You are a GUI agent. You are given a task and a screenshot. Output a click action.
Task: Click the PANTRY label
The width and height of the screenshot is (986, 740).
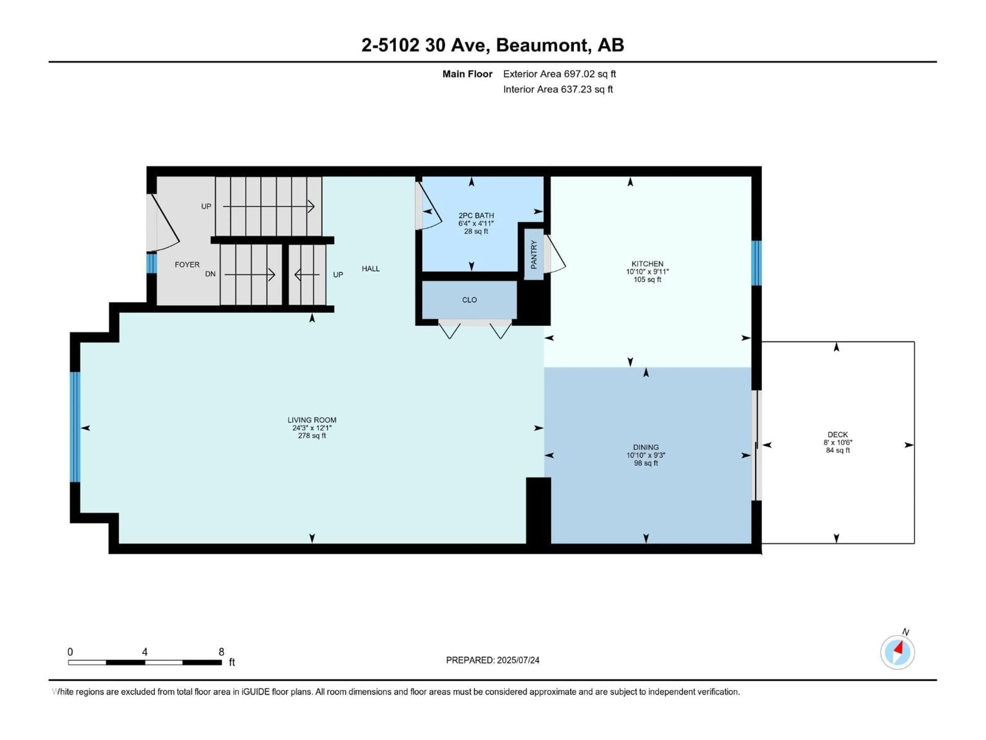coord(534,254)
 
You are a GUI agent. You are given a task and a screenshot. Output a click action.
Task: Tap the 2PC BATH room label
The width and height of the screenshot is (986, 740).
coord(476,215)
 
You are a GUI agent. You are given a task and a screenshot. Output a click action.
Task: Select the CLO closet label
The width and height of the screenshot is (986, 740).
coord(469,300)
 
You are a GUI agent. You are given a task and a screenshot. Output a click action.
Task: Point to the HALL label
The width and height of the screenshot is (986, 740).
coord(371,269)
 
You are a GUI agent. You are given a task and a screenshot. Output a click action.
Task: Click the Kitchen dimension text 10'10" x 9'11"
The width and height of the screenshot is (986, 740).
coord(647,272)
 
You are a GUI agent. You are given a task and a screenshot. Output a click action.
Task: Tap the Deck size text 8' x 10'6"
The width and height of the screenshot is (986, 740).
coord(838,442)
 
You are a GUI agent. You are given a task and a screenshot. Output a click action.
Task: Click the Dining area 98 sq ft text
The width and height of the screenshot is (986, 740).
coord(646,464)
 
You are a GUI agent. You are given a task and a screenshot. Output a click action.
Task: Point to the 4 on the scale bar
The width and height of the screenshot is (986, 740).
coord(145,652)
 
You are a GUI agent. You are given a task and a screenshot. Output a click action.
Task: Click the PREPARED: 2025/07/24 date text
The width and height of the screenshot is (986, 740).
coord(492,660)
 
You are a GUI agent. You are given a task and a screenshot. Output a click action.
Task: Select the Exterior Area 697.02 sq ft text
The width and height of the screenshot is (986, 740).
coord(560,74)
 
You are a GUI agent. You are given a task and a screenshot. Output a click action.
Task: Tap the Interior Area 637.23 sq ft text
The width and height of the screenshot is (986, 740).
coord(558,89)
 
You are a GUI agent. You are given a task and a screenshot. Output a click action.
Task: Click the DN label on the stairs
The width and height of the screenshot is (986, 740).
coord(210,274)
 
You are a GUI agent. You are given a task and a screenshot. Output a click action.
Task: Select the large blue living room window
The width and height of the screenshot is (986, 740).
coord(75,427)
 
